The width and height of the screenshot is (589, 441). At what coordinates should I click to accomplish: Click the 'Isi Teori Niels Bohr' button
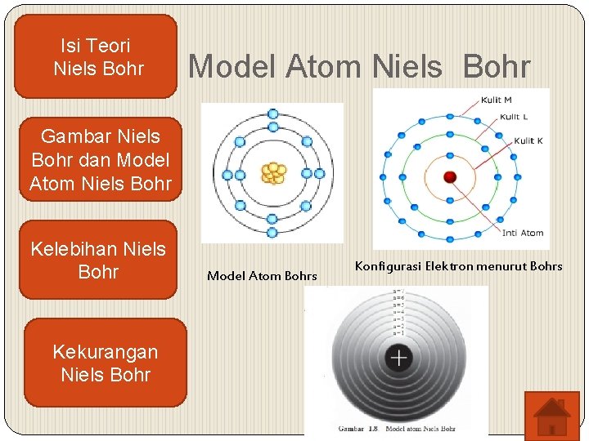click(97, 57)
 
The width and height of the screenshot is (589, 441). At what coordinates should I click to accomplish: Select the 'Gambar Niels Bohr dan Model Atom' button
click(100, 160)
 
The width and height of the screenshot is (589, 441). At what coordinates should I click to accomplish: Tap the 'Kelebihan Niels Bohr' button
click(97, 260)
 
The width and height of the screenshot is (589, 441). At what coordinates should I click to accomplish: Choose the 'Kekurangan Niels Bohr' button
click(105, 363)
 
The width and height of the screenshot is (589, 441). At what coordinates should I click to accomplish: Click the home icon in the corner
click(551, 415)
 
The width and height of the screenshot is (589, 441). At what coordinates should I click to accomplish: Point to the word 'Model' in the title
click(233, 67)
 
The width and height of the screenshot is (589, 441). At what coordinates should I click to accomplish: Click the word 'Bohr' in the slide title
click(497, 67)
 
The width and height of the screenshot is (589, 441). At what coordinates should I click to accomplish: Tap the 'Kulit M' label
click(496, 100)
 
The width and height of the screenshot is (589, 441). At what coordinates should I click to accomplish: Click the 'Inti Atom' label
click(522, 234)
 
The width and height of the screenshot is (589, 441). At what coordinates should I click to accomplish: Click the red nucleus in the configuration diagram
click(449, 176)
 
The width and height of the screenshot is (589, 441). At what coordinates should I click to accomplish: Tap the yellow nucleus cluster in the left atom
click(273, 173)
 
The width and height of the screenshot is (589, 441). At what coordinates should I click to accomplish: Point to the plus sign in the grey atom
click(398, 358)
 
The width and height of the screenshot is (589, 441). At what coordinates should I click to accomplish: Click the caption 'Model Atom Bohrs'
click(262, 276)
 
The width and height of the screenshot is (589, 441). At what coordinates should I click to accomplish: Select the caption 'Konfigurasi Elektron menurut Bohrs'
click(458, 266)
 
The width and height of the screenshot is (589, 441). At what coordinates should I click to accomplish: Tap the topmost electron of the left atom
click(273, 114)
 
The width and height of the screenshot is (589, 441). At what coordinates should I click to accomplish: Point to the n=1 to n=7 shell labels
click(398, 312)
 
